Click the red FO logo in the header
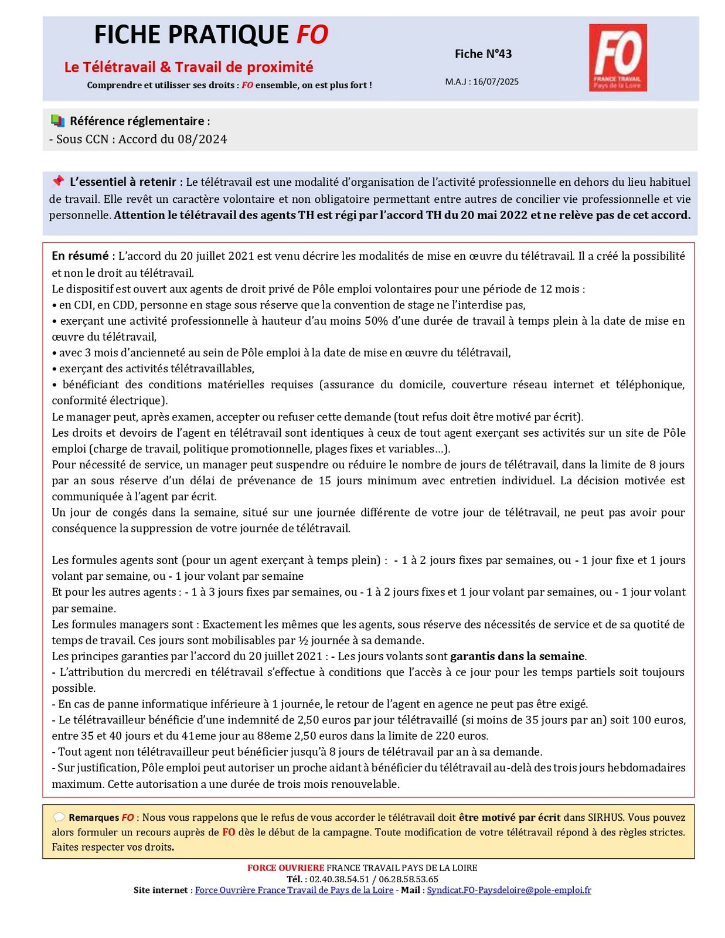618,57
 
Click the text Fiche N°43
483,54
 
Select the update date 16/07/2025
496,81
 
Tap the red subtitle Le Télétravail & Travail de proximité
189,67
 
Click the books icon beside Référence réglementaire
57,121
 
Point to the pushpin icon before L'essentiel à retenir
57,181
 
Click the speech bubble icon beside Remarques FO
59,817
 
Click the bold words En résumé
80,256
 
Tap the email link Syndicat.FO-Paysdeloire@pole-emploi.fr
509,890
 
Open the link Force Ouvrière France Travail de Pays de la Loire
294,890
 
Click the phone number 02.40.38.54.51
339,879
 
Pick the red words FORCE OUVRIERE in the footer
285,868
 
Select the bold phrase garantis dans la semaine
517,656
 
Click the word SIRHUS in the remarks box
606,817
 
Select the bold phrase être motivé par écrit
509,817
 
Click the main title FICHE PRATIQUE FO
211,35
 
